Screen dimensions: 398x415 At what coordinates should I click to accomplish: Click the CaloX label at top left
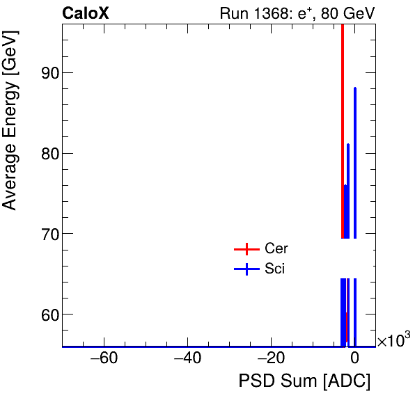click(x=85, y=13)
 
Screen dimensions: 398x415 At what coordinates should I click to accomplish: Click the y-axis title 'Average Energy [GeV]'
click(x=10, y=132)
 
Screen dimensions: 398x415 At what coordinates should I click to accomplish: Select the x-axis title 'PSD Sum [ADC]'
click(x=304, y=381)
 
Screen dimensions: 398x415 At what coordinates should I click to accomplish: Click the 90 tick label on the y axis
click(x=47, y=73)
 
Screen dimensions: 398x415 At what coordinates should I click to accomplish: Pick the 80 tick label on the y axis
click(x=47, y=153)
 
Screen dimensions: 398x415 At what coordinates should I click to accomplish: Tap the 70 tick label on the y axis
click(x=47, y=234)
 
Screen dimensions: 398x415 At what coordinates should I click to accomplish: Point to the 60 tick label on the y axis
click(x=47, y=315)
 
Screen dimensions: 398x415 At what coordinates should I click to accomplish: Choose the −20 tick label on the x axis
click(x=271, y=359)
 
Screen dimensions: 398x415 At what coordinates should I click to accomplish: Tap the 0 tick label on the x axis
click(x=354, y=359)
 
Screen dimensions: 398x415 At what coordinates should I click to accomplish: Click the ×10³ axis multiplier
click(x=393, y=340)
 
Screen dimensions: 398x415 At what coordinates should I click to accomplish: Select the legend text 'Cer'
click(x=276, y=248)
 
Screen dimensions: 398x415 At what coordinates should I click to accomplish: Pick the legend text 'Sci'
click(x=275, y=269)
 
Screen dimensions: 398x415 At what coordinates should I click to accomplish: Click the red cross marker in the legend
click(x=246, y=249)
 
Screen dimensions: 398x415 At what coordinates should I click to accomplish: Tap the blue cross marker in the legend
click(x=246, y=269)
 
